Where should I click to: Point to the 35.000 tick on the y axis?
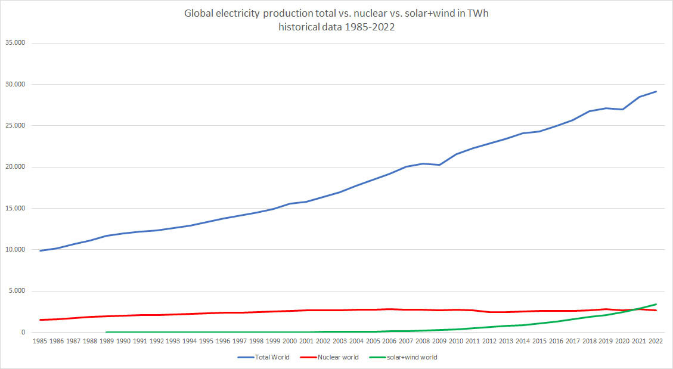pos(22,43)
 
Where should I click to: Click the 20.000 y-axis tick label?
pos(22,167)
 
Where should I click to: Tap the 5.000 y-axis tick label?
pos(24,291)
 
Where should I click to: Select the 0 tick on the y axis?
pos(30,332)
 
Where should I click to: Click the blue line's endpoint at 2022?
pos(656,91)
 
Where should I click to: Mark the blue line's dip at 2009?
pos(440,165)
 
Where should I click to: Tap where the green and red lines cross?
pos(638,309)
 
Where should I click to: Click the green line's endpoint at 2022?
pos(656,304)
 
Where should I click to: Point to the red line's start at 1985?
pos(41,320)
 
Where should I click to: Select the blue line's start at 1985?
pos(41,250)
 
